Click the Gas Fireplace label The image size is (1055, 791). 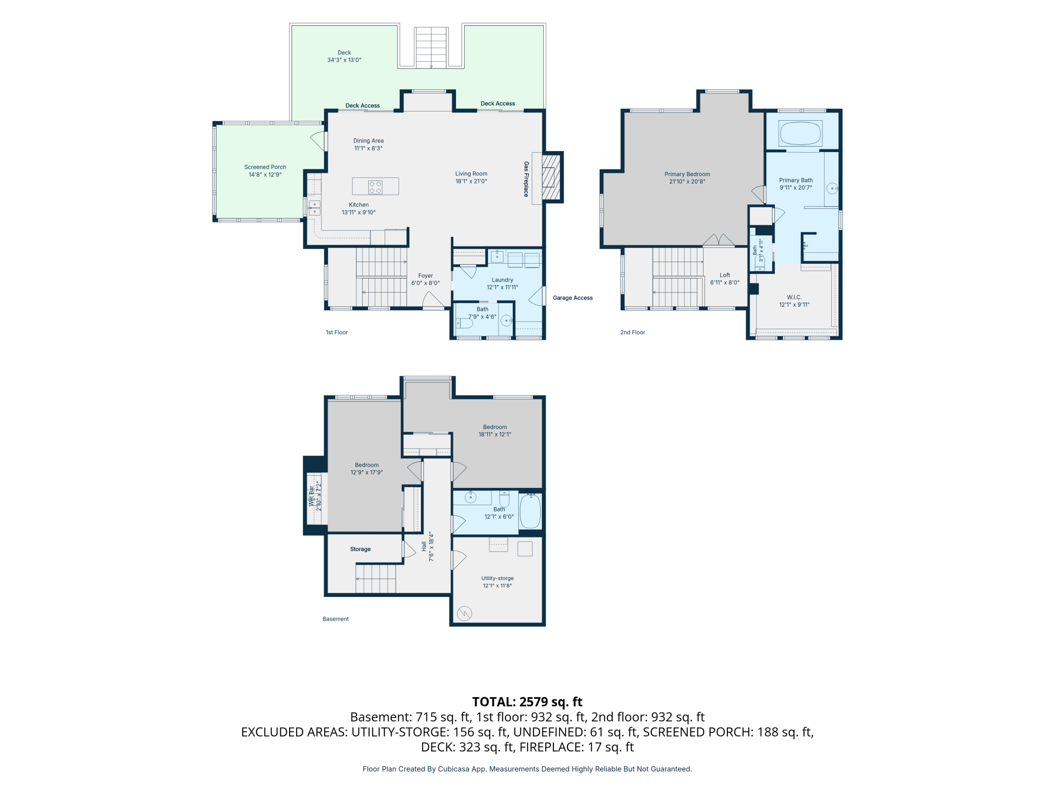[x=526, y=179]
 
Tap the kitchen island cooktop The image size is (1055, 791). [x=375, y=187]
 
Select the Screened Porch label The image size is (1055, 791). [x=265, y=167]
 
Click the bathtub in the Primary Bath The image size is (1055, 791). [x=800, y=133]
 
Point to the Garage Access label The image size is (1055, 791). [x=573, y=298]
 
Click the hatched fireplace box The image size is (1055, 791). [x=551, y=177]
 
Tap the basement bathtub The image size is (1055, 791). [x=531, y=511]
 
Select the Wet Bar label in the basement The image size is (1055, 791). [x=311, y=496]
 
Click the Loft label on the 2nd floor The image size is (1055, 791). [x=725, y=275]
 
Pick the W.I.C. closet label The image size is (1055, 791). [x=794, y=297]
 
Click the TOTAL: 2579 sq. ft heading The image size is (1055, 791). [x=527, y=702]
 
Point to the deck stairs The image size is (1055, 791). [x=431, y=48]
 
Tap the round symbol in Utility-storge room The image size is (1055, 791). [x=465, y=614]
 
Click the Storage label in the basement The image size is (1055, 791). [x=360, y=549]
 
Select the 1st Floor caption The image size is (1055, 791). [x=337, y=332]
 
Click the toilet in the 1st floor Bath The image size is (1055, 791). [x=464, y=323]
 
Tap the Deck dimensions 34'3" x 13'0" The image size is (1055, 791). [x=344, y=60]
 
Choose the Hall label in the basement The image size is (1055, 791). [x=424, y=546]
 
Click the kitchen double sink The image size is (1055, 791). [x=314, y=208]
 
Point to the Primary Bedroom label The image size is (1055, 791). [x=687, y=174]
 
